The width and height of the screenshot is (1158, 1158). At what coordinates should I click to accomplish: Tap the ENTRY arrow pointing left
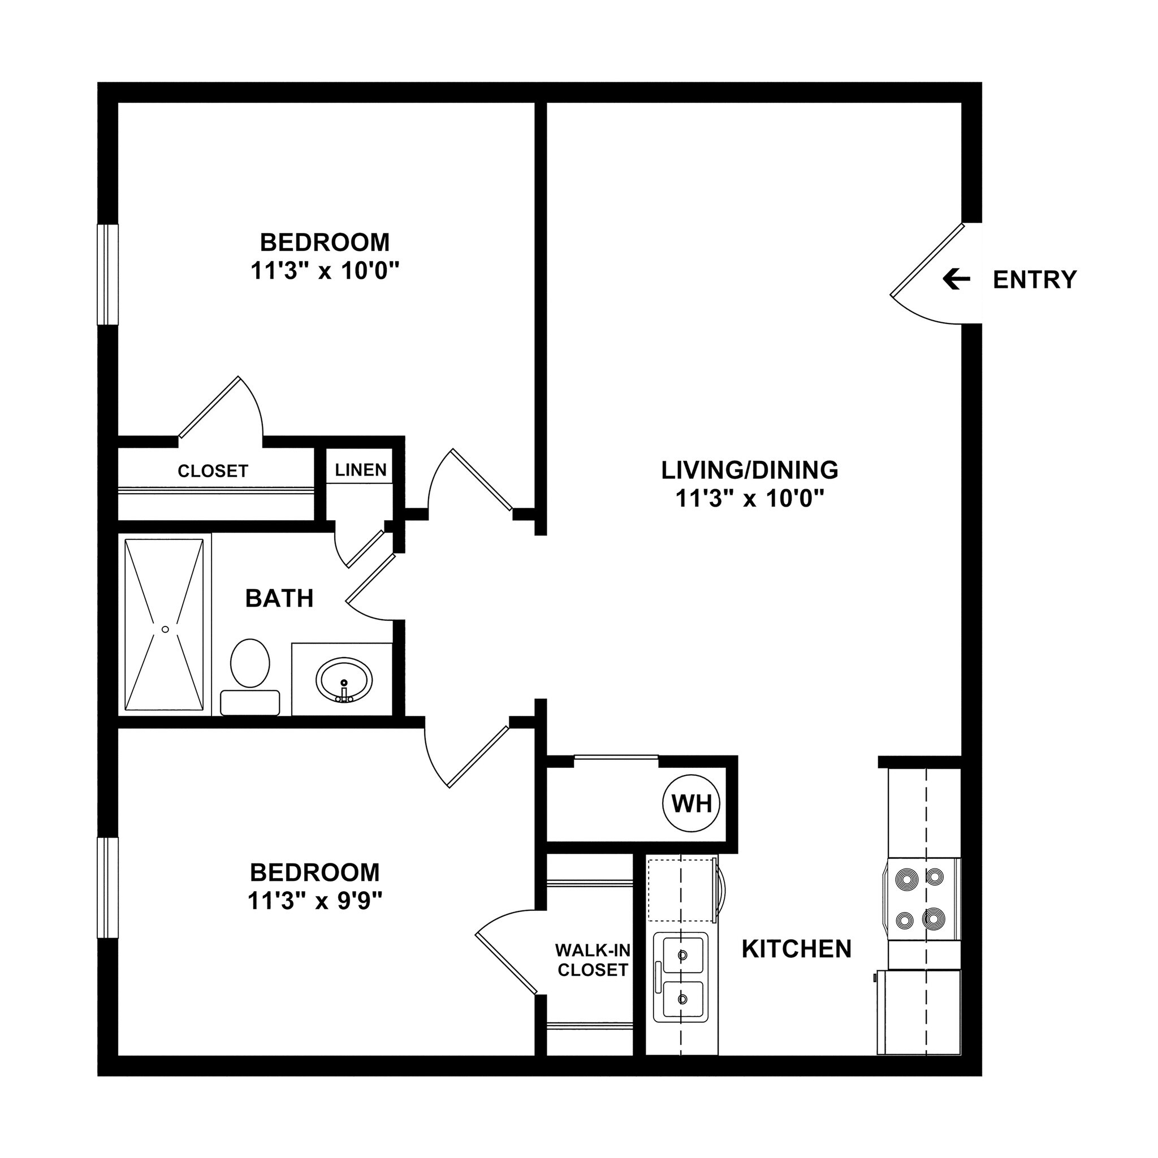(x=956, y=279)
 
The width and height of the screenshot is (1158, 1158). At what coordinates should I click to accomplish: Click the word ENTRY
(x=1035, y=280)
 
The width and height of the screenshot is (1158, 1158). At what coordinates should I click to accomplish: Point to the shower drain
(x=165, y=629)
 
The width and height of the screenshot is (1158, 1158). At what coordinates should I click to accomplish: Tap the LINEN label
(x=361, y=470)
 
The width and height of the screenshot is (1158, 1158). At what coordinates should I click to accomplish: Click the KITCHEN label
(x=797, y=949)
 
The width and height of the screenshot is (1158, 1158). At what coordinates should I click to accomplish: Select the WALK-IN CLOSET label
(x=592, y=960)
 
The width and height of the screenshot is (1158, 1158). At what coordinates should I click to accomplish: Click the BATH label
(x=279, y=598)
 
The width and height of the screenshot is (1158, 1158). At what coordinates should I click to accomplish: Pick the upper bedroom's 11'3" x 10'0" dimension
(x=324, y=271)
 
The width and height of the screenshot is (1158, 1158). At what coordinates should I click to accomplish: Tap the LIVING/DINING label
(x=749, y=470)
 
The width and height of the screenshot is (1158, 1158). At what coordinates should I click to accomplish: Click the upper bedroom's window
(x=108, y=274)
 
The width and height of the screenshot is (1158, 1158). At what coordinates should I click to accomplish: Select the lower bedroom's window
(x=108, y=888)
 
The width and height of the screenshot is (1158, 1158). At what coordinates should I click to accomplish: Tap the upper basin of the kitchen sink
(x=681, y=955)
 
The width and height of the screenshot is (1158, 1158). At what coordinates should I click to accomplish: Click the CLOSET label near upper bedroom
(x=213, y=471)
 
